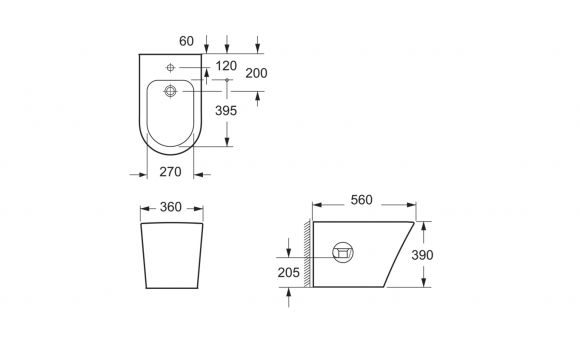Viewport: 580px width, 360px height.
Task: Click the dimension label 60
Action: (x=186, y=41)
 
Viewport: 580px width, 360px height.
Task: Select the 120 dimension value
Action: (x=226, y=66)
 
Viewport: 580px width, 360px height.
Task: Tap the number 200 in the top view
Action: (x=256, y=73)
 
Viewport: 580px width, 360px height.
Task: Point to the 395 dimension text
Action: (x=226, y=110)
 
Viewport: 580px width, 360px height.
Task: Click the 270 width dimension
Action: (x=171, y=172)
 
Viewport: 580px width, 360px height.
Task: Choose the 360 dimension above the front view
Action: (x=171, y=207)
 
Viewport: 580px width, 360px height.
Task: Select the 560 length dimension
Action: (x=361, y=200)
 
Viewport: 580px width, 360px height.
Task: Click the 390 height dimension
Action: (x=422, y=255)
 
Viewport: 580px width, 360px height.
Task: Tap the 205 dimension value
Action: (x=289, y=272)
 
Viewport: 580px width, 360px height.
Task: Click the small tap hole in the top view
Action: (x=170, y=67)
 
